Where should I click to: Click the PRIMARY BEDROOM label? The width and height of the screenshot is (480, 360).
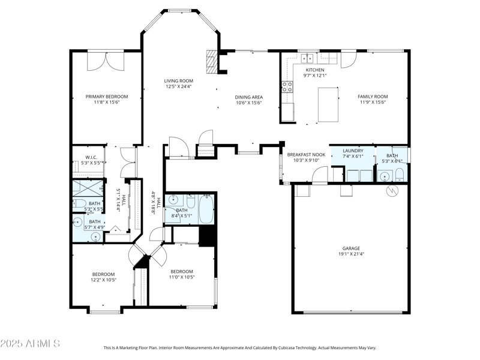coord(107,97)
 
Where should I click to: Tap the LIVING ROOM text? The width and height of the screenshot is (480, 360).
coord(179,81)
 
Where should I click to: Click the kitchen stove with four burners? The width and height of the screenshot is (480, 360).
coord(287,87)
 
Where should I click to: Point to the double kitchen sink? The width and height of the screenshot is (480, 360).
coord(307,58)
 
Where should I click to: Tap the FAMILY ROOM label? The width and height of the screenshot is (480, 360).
coord(373,97)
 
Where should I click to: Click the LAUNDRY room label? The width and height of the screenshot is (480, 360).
coord(353,151)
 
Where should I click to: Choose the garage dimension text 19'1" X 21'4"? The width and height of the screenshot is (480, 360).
coord(352,254)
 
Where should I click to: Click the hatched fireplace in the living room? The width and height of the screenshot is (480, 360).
coord(211,61)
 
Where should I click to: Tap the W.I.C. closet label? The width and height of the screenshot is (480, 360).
coord(91,158)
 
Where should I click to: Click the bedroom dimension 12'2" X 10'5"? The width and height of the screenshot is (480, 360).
coord(103,280)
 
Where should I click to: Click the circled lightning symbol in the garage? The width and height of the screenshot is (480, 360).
coord(393,191)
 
